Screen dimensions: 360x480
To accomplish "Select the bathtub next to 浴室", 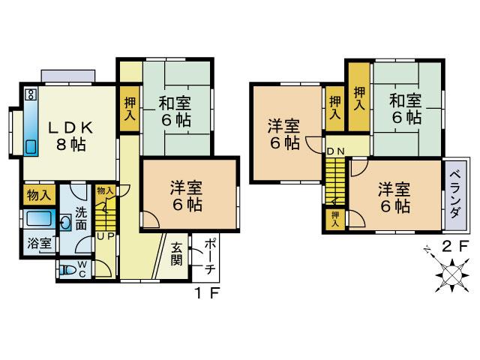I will click(x=37, y=220).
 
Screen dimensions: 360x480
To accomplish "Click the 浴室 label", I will click(x=37, y=244).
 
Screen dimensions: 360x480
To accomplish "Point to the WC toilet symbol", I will click(x=69, y=268).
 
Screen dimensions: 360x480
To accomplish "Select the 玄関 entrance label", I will click(x=178, y=255).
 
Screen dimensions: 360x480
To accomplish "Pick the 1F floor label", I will click(x=208, y=293).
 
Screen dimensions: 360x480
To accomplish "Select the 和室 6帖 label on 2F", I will click(x=404, y=108).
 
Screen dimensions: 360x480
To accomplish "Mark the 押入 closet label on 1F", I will click(x=130, y=110).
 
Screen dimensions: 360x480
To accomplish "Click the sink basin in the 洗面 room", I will click(x=65, y=223).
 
